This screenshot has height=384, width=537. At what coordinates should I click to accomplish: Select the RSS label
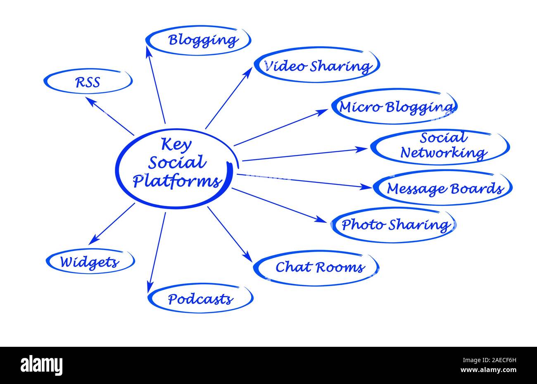click(x=88, y=82)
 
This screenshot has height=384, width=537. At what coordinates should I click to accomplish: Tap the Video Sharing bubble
click(x=316, y=66)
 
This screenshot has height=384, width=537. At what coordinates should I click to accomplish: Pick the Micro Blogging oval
click(x=394, y=107)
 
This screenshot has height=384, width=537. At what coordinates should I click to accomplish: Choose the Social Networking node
click(x=440, y=146)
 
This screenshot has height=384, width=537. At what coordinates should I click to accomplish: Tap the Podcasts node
click(x=200, y=298)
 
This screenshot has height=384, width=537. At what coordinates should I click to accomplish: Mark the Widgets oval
click(x=90, y=262)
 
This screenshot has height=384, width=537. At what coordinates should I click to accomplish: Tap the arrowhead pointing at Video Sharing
click(x=249, y=71)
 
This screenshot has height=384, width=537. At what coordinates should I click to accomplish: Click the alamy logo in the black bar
click(x=41, y=365)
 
